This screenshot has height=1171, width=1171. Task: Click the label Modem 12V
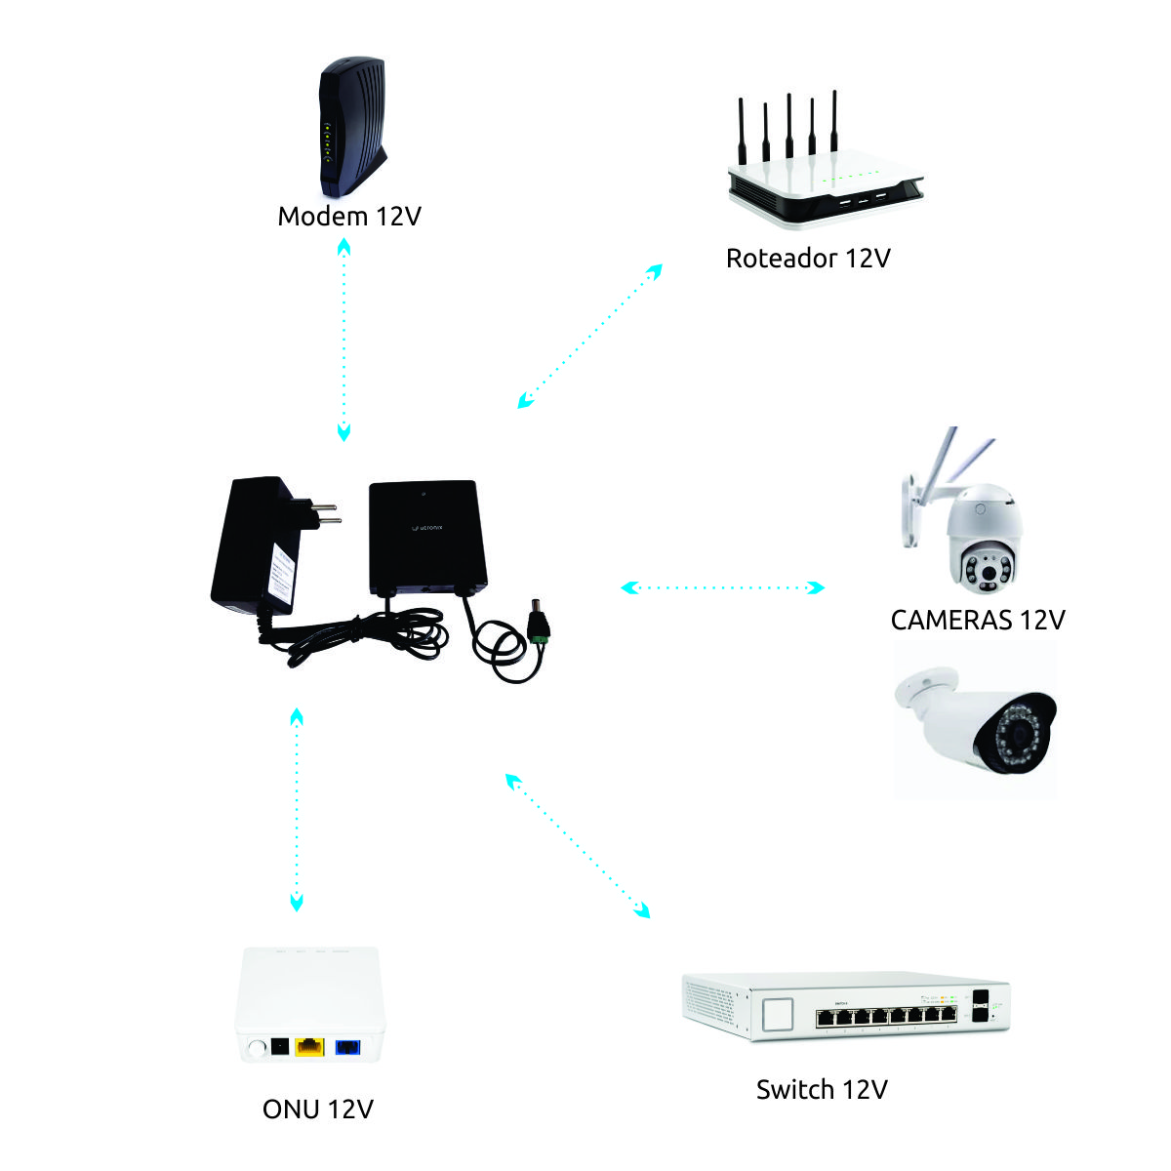(349, 216)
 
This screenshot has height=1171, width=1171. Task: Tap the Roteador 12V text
(808, 258)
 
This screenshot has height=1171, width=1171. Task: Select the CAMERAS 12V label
(977, 620)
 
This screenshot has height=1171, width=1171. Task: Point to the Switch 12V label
(822, 1089)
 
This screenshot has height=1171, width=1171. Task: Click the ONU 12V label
(318, 1109)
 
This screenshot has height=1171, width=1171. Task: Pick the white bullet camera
(976, 722)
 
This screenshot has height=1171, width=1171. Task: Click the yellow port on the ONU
(309, 1047)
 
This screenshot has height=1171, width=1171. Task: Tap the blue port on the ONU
(348, 1047)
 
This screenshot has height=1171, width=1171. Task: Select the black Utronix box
(426, 539)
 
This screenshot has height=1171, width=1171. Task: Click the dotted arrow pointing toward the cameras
(723, 587)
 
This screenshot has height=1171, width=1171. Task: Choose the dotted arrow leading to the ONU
(297, 810)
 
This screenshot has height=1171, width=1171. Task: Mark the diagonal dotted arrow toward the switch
(577, 845)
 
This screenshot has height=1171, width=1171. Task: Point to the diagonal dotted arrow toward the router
(590, 335)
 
